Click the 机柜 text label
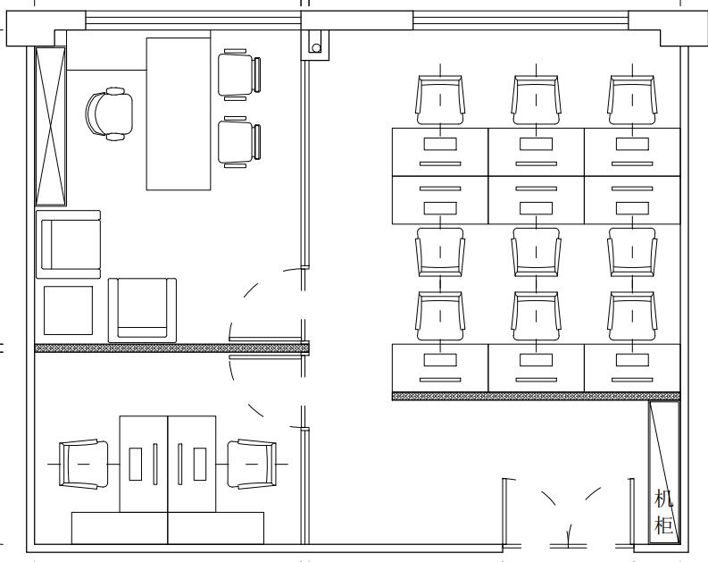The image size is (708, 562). click(x=663, y=512)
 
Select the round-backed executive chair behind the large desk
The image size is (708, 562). click(x=109, y=113)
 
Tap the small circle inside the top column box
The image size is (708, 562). click(x=316, y=48)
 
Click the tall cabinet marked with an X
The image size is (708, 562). click(x=51, y=126)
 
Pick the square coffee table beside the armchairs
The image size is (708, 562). click(x=68, y=310)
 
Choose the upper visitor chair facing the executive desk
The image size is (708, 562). click(x=239, y=74)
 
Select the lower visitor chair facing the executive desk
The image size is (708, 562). click(x=239, y=142)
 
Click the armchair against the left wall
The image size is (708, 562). click(x=68, y=245)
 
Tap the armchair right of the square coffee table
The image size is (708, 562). click(x=142, y=310)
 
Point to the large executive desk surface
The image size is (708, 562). click(x=179, y=113)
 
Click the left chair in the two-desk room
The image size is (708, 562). click(x=84, y=464)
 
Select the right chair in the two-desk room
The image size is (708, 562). click(x=252, y=464)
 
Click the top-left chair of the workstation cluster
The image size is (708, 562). click(x=440, y=100)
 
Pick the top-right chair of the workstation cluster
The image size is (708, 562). click(x=632, y=100)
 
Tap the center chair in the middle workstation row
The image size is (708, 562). click(x=537, y=252)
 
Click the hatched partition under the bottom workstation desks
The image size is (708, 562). click(x=536, y=396)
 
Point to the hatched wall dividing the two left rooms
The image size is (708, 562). click(x=172, y=348)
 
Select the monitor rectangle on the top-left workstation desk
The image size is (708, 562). click(x=440, y=144)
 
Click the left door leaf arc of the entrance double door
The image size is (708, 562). click(x=548, y=498)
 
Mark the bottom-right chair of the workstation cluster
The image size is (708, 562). click(x=632, y=315)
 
